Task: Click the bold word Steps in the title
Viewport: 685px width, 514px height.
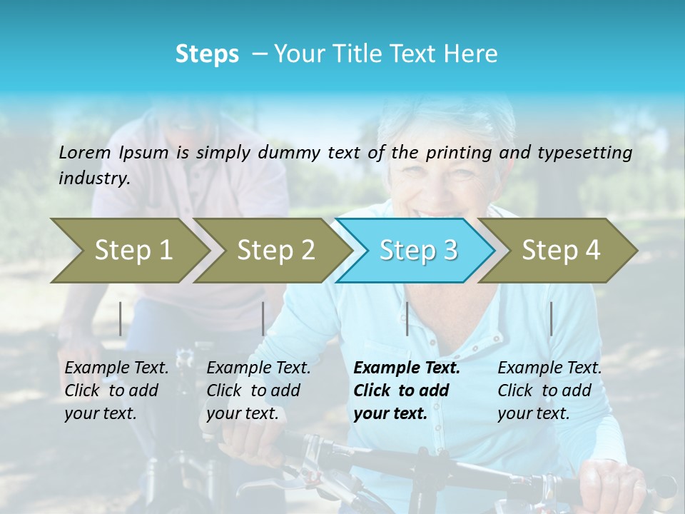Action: click(x=207, y=54)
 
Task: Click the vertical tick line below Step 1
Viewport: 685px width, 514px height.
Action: click(x=121, y=318)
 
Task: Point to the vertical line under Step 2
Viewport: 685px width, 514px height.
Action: click(x=263, y=318)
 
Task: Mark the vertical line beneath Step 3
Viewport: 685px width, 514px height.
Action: click(x=407, y=318)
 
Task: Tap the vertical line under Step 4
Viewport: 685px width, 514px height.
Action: click(x=551, y=318)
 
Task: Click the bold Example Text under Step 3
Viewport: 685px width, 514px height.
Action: click(x=407, y=390)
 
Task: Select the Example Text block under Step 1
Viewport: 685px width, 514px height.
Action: click(x=116, y=390)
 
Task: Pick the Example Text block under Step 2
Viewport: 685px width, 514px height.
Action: click(x=258, y=390)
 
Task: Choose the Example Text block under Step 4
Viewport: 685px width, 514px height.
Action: click(x=549, y=390)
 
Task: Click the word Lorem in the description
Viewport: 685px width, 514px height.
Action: click(x=85, y=152)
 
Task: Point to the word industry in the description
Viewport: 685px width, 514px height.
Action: click(x=94, y=178)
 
